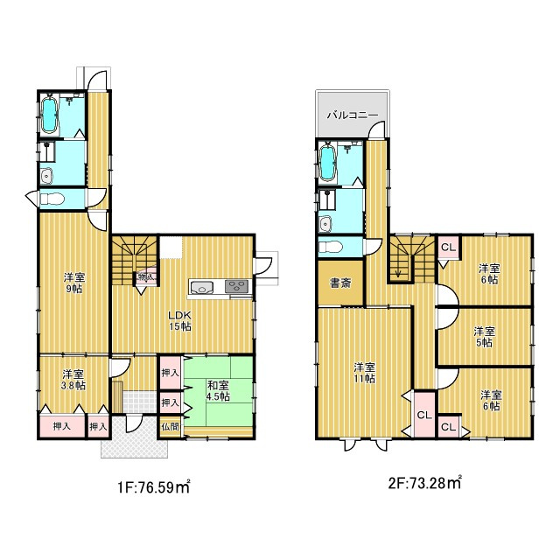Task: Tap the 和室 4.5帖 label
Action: pos(219,390)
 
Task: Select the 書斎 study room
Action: pos(340,283)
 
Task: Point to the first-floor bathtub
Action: pos(49,115)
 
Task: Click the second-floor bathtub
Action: pos(326,163)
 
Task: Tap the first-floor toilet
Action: pos(52,199)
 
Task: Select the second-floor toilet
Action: pos(330,247)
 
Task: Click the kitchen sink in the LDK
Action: pos(202,287)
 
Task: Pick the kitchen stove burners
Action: pos(236,287)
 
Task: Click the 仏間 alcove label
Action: pos(171,426)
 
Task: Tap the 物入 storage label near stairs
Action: pos(146,276)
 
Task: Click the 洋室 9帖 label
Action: pos(74,283)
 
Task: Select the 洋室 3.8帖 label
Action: pos(73,380)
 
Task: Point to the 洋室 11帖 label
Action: pos(364,373)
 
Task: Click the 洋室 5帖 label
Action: pos(484,337)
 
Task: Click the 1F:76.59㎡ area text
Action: pos(154,486)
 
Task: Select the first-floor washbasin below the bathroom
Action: pos(46,176)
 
